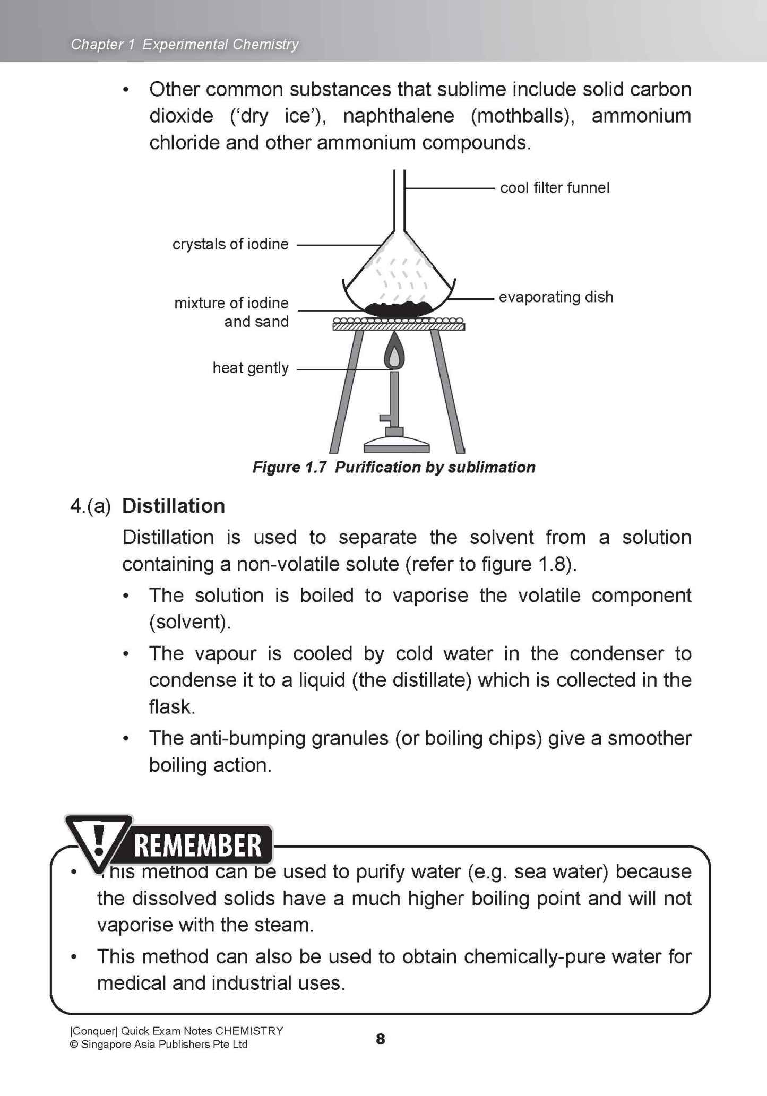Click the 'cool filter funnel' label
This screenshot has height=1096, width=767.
click(x=554, y=188)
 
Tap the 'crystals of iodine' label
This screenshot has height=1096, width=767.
click(x=230, y=244)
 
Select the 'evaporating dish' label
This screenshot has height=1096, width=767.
click(x=556, y=297)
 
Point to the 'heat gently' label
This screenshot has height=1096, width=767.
click(x=250, y=368)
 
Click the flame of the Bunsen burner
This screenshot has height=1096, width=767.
click(x=393, y=353)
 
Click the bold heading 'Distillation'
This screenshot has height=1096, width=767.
click(x=174, y=506)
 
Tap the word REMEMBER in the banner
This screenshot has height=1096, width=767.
click(x=198, y=845)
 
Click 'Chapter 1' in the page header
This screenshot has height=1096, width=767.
click(x=103, y=45)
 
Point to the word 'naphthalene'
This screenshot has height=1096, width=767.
click(x=398, y=116)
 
